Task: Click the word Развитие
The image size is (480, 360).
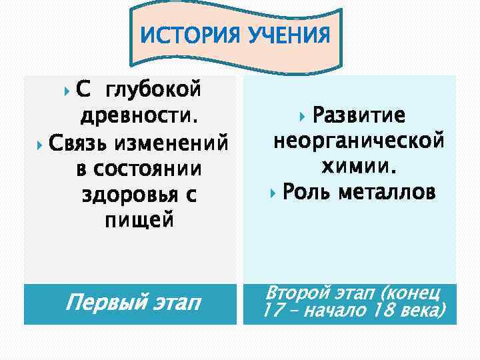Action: (359, 115)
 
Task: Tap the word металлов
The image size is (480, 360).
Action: (387, 193)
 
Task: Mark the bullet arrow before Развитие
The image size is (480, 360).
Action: (305, 116)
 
